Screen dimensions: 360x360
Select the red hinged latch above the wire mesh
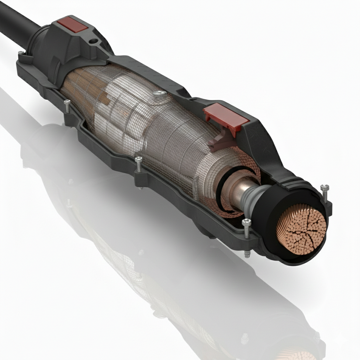(x=226, y=116)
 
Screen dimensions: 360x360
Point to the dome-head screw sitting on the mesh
(x=160, y=94)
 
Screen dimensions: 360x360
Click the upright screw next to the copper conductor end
(x=324, y=192)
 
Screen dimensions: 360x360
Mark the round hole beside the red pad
(x=93, y=41)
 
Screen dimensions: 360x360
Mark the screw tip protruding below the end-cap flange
(x=247, y=254)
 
